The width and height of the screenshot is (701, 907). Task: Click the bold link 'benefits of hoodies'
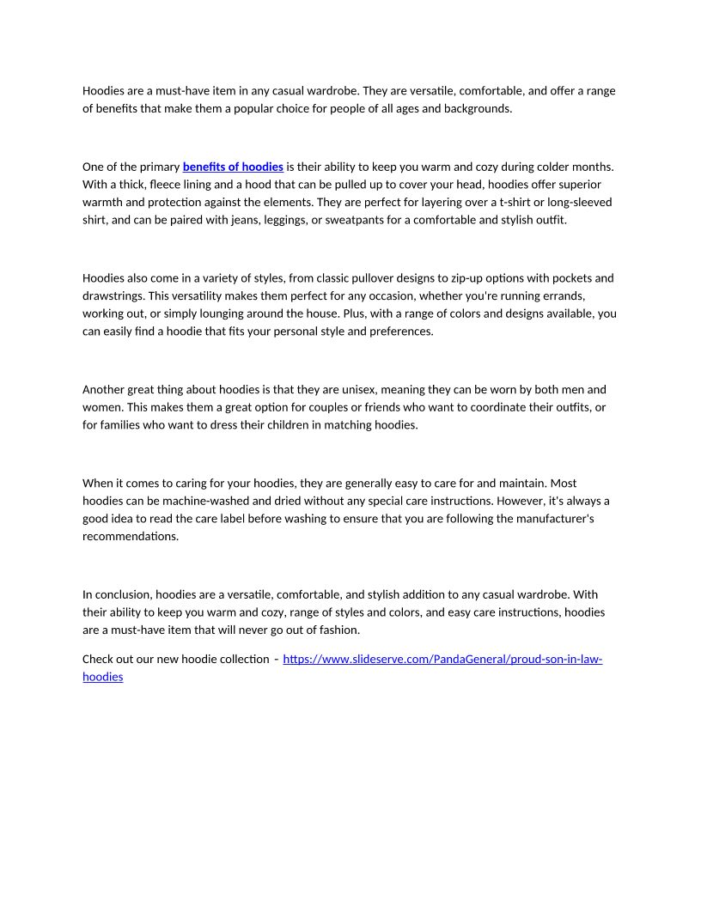[233, 167]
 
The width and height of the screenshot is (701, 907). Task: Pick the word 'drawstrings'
[114, 295]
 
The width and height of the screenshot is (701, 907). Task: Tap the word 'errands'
[564, 295]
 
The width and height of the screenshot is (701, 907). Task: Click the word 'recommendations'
[130, 536]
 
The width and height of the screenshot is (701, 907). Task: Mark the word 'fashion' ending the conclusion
[338, 630]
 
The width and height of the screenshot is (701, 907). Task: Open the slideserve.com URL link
[442, 660]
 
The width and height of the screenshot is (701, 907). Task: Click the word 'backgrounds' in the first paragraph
[477, 108]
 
